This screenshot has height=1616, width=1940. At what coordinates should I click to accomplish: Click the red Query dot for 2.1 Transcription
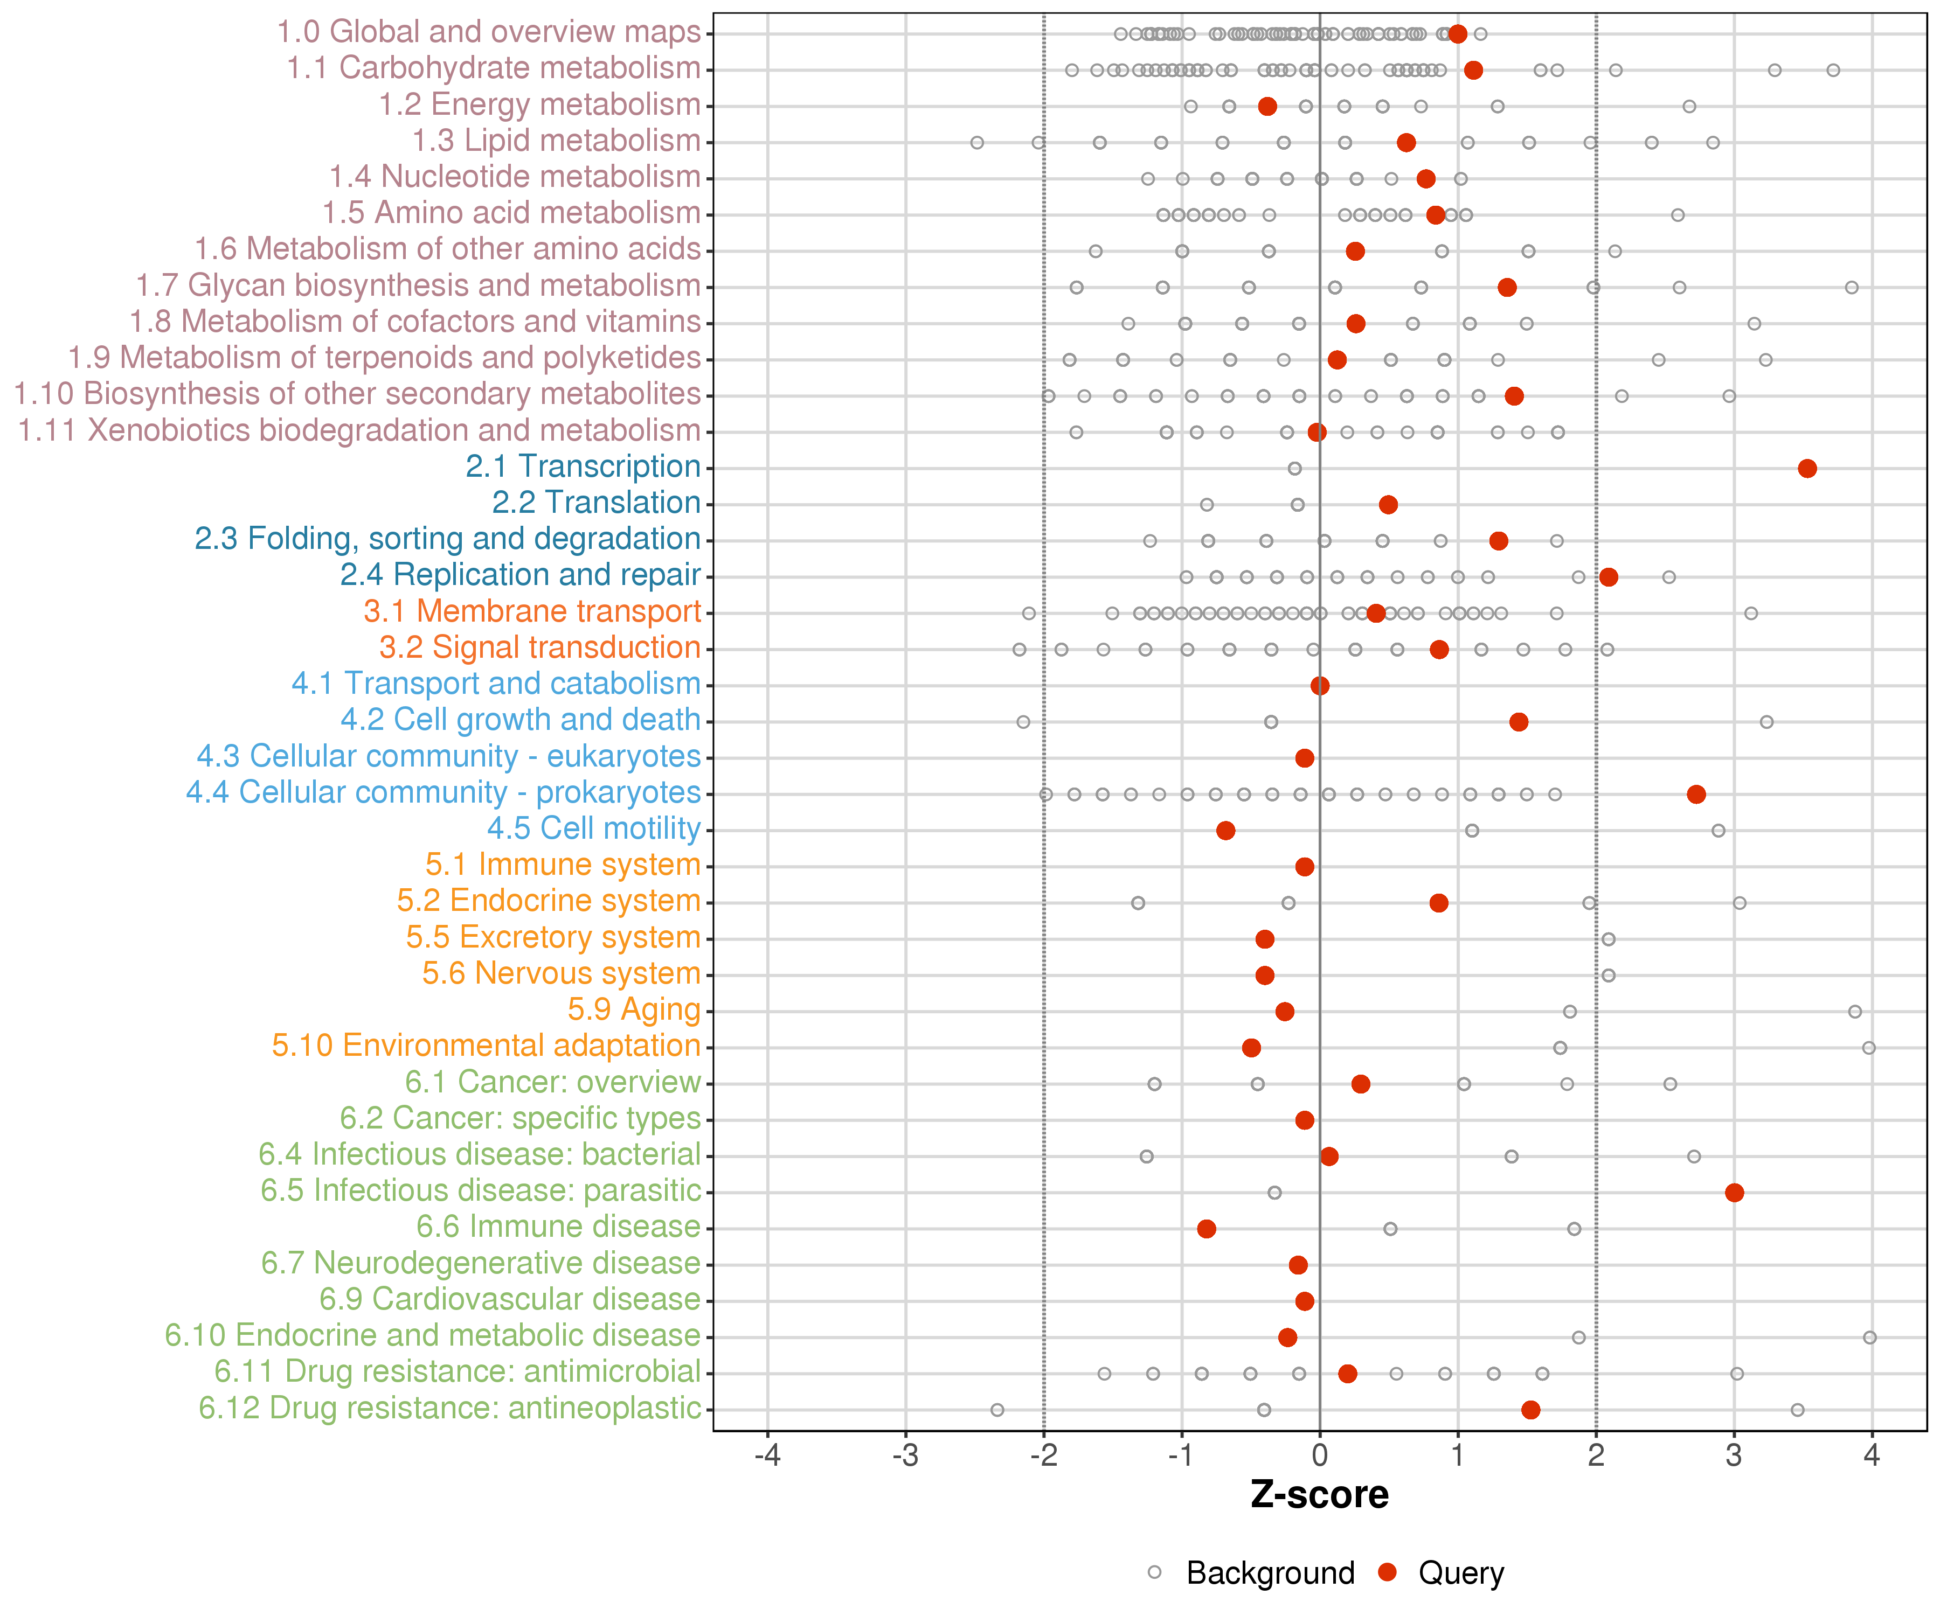click(1807, 468)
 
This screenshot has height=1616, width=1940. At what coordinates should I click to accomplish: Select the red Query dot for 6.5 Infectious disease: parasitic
click(1734, 1192)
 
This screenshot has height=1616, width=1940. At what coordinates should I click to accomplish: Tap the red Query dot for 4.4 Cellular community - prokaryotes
click(1696, 794)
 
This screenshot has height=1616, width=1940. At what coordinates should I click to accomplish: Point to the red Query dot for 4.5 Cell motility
click(1225, 830)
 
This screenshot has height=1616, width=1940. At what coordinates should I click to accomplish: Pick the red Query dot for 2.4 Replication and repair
click(1609, 577)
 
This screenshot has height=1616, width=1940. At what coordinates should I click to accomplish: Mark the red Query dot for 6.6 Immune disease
click(1205, 1228)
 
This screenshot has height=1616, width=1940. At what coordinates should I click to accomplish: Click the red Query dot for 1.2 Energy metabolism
click(1267, 106)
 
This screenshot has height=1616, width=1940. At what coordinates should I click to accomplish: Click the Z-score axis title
click(1319, 1495)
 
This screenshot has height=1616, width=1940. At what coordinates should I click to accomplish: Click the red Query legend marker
click(1387, 1572)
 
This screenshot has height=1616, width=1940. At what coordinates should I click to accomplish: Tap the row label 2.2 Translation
click(596, 503)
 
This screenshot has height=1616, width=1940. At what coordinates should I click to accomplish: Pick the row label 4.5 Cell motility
click(593, 828)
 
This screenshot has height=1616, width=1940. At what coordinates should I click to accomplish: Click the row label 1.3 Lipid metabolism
click(556, 141)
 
